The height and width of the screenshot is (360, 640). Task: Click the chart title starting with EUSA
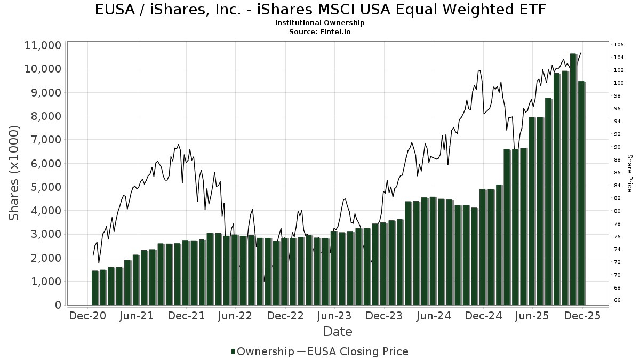(320, 10)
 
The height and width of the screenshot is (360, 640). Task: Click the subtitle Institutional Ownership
(320, 23)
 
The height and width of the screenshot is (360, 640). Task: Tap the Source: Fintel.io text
(320, 31)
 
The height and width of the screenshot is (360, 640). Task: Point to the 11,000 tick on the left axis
(43, 45)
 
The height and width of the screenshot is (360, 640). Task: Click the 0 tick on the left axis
(58, 305)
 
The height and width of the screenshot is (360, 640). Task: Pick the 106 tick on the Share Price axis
(619, 44)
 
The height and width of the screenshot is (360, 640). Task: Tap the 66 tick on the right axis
(617, 300)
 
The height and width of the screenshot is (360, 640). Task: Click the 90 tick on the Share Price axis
(617, 147)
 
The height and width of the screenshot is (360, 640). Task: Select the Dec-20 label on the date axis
(87, 316)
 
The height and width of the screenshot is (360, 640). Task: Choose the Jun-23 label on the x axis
(334, 316)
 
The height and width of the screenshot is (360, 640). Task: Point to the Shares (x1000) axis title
(14, 173)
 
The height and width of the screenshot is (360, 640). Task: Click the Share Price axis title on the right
(629, 173)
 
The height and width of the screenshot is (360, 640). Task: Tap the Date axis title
(338, 332)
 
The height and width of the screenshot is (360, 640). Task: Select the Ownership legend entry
(262, 351)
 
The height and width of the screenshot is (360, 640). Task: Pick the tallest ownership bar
(573, 179)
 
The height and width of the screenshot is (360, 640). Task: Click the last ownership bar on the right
(581, 193)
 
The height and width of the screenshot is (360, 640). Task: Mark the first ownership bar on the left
(95, 288)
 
